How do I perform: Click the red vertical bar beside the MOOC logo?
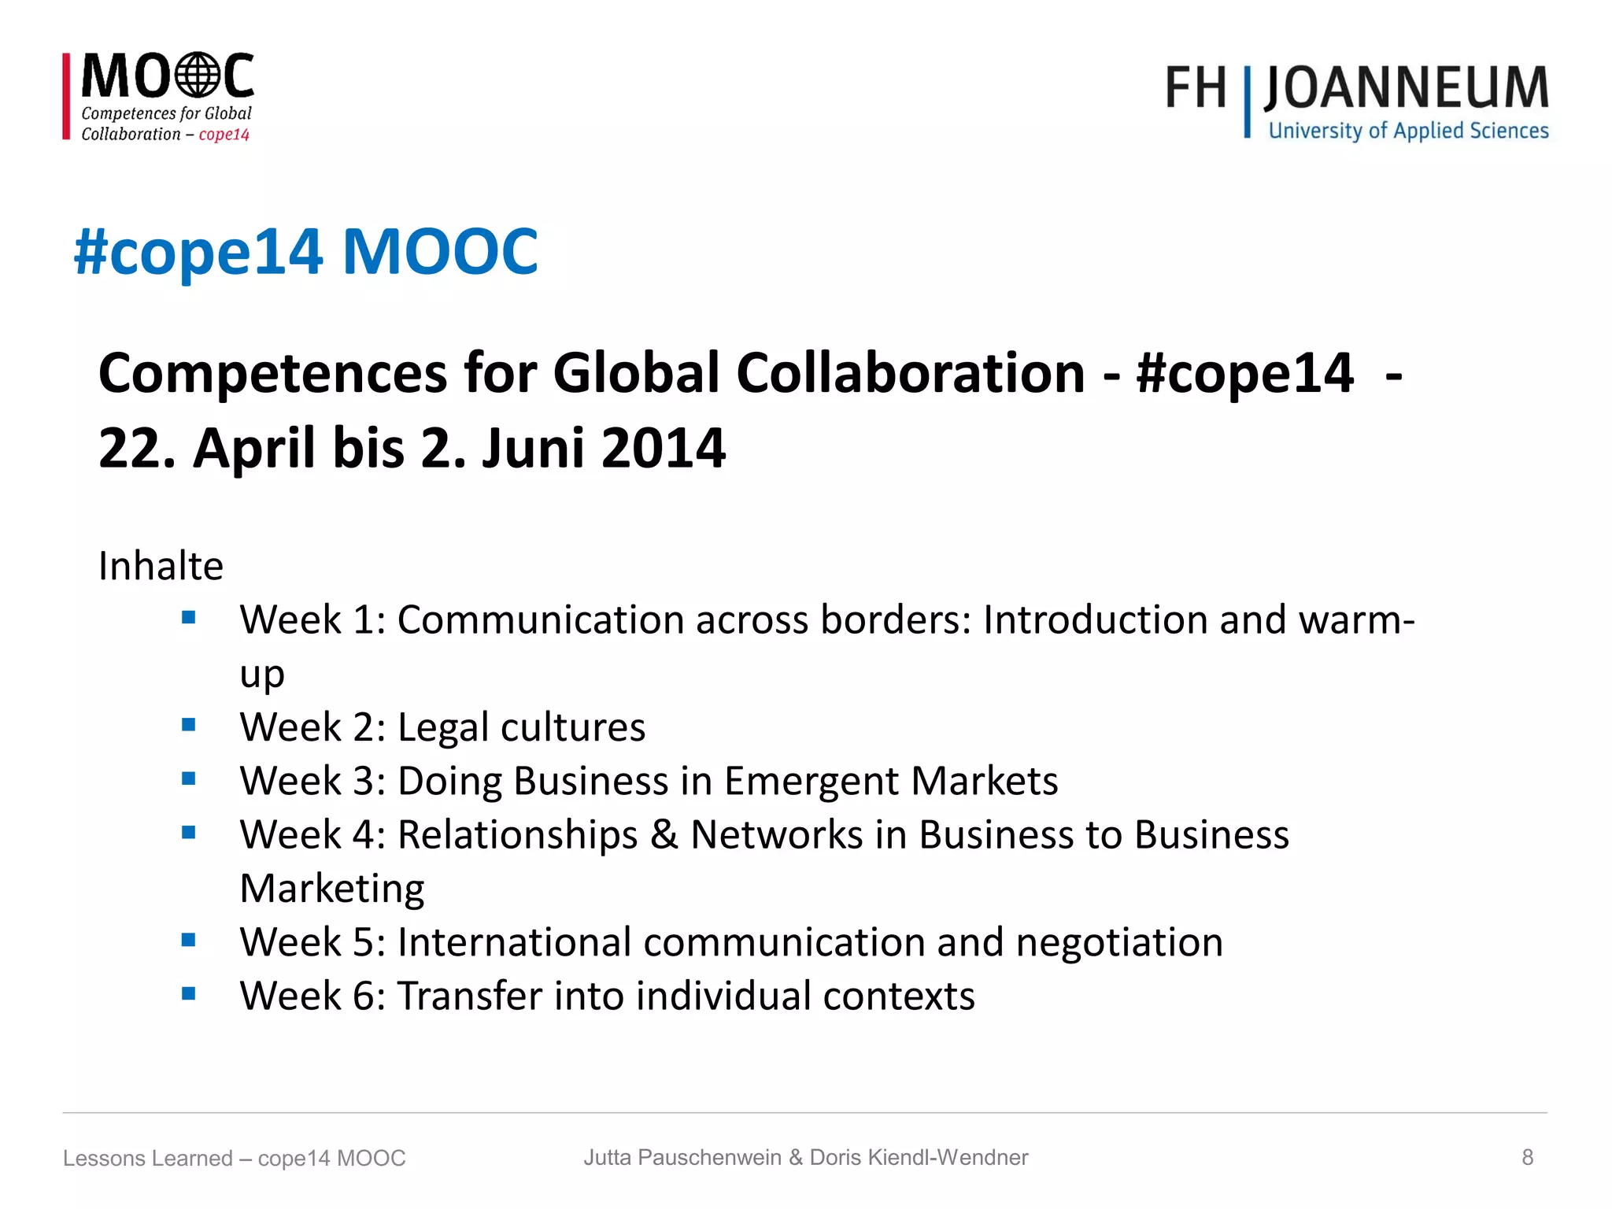67,97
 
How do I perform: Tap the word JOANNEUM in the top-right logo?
1406,88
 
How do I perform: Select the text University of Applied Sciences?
1408,131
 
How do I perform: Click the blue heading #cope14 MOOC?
305,252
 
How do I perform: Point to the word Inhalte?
161,566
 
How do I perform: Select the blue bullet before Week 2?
188,725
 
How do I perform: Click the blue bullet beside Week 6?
188,993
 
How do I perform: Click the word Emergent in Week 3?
811,782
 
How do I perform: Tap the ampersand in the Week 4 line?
664,835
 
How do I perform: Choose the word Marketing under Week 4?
332,889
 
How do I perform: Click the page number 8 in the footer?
1527,1157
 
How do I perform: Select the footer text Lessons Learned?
148,1158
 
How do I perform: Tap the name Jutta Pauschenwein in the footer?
682,1157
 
